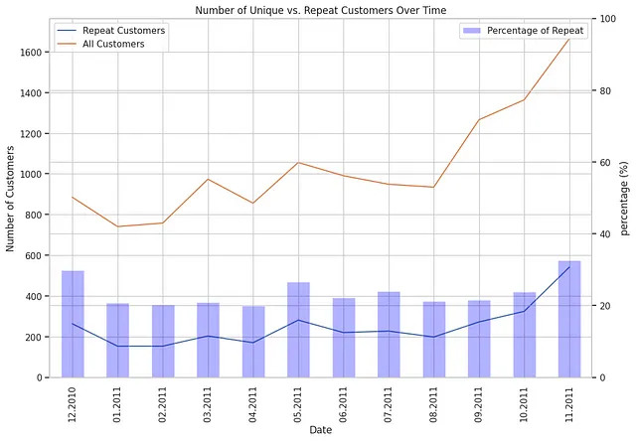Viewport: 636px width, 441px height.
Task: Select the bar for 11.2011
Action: coord(569,319)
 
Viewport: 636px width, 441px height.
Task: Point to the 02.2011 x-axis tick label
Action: coord(163,406)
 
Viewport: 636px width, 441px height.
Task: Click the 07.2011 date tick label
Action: coord(389,406)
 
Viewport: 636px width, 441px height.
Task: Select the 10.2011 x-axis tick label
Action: coord(525,406)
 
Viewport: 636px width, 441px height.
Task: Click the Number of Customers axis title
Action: coord(11,198)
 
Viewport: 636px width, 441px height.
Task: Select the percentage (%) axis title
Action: coord(624,198)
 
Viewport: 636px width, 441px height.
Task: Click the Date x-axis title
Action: coord(320,430)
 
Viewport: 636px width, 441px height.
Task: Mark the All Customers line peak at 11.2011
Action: coord(569,39)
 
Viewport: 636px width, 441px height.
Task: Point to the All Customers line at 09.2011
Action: coord(479,120)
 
